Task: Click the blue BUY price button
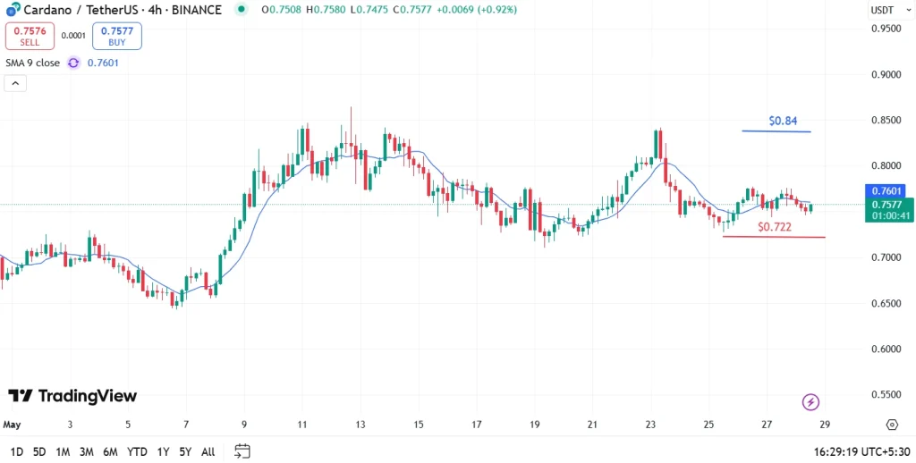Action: (x=116, y=36)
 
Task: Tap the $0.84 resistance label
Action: (x=783, y=120)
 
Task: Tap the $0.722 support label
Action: (x=775, y=227)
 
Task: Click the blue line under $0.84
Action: (x=776, y=131)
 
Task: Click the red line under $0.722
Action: (x=774, y=237)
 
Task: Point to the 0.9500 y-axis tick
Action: (x=886, y=29)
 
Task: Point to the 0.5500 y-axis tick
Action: (x=886, y=394)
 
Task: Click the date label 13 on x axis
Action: (x=360, y=425)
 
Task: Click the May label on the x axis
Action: (x=12, y=425)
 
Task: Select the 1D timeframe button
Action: (x=17, y=451)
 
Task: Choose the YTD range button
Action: (x=137, y=451)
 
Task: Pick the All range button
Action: (x=208, y=451)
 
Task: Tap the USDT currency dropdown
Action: (x=883, y=10)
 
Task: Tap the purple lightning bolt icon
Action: (x=811, y=402)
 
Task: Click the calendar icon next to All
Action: (x=242, y=451)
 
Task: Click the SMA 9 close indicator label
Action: (x=33, y=63)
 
